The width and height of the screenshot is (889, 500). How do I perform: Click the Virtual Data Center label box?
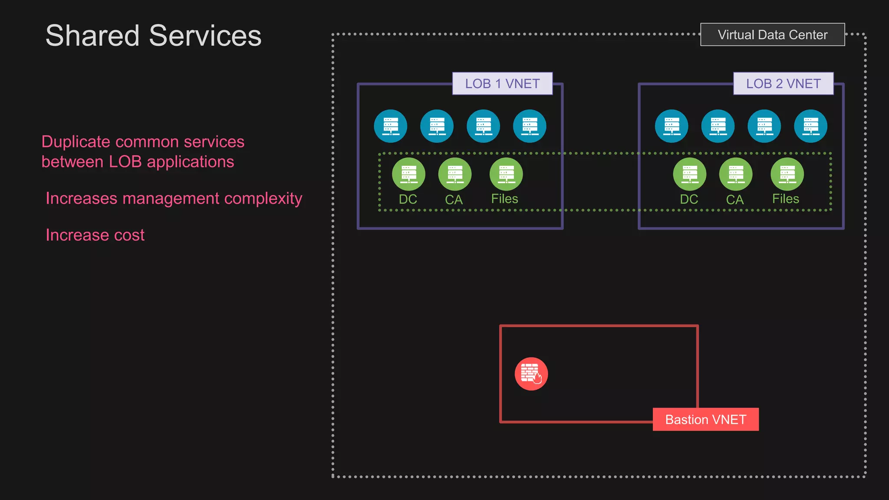(772, 35)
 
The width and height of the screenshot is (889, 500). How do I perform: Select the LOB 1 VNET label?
(502, 83)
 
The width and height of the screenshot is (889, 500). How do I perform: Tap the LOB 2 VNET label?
(783, 83)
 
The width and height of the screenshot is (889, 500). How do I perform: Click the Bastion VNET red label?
(705, 419)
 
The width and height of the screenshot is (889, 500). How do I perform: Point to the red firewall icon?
(531, 374)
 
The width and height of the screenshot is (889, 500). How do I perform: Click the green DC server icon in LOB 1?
(408, 174)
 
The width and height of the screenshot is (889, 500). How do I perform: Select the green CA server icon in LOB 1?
(454, 174)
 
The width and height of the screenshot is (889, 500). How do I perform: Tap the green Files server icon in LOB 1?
(506, 174)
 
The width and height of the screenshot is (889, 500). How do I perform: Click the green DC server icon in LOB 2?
(689, 174)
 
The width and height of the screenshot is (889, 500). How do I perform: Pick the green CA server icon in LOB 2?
(736, 174)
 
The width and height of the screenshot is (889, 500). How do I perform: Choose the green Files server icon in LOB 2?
(787, 174)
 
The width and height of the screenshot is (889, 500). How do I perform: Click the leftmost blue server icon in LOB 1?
(391, 126)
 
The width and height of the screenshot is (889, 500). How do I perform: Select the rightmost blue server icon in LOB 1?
(530, 126)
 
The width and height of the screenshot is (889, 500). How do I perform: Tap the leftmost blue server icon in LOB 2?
(672, 126)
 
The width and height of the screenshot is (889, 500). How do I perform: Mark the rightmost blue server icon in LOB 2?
(810, 126)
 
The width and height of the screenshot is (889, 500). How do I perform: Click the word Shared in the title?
(92, 36)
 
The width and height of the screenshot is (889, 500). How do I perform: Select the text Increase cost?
(95, 235)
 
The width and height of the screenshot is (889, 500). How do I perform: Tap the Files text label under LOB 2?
(785, 199)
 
